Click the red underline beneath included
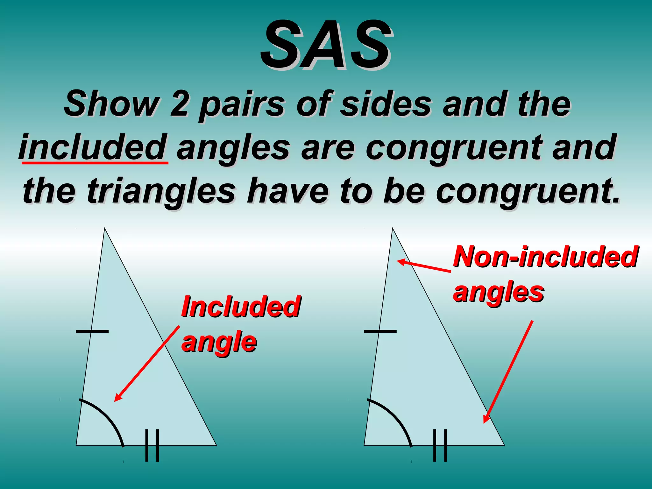[95, 163]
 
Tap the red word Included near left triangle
[241, 306]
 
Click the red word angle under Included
[219, 343]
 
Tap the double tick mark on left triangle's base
[152, 446]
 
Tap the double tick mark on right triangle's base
[440, 446]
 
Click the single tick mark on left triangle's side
[92, 331]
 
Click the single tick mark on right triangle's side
[380, 331]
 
